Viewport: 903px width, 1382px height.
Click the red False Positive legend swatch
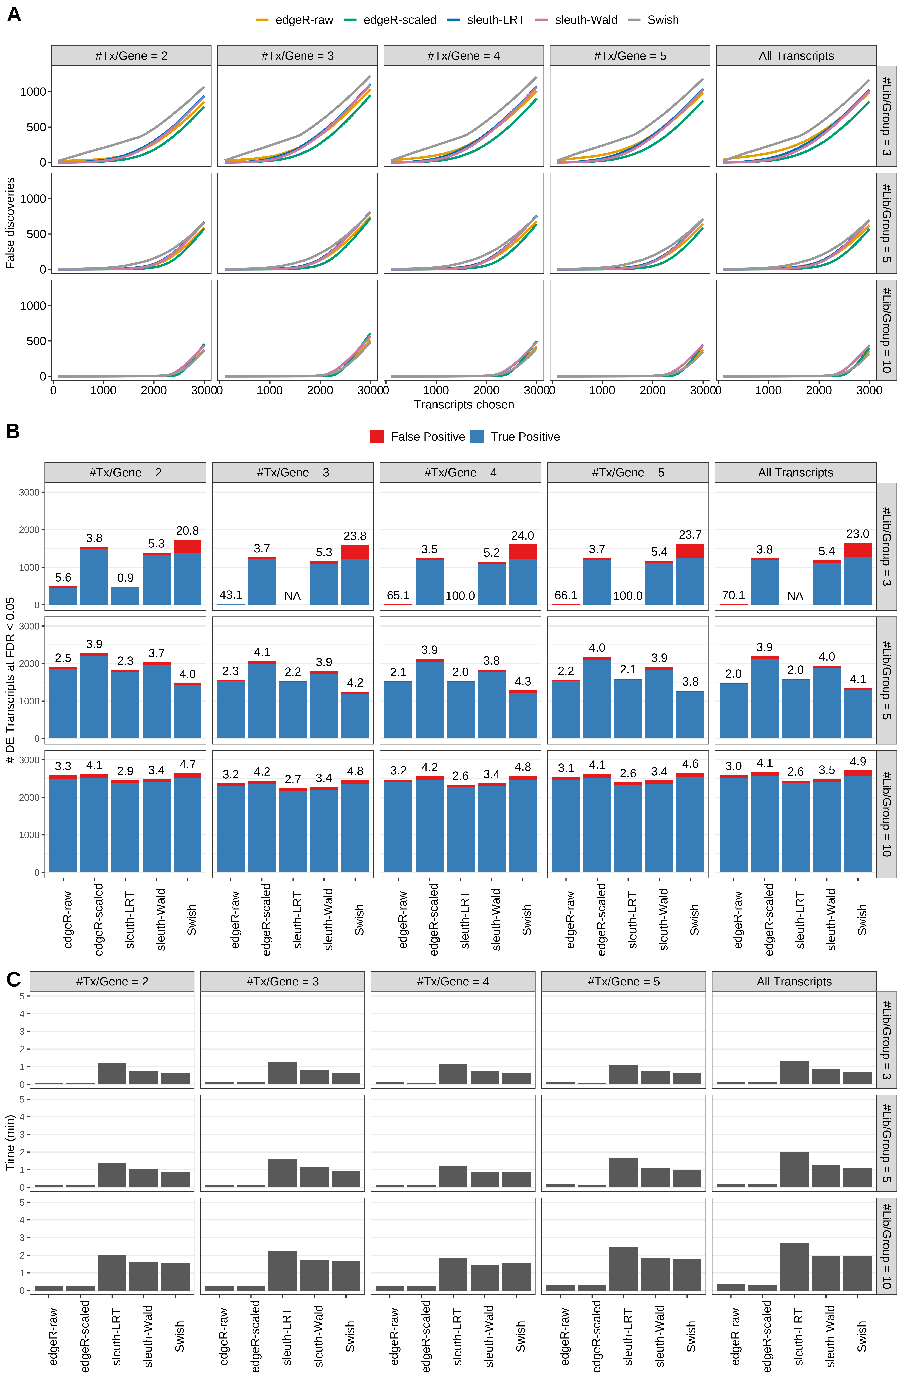377,437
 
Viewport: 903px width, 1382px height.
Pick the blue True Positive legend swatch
477,437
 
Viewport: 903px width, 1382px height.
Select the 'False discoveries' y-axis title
10,223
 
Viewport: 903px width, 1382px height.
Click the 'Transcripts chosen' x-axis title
464,405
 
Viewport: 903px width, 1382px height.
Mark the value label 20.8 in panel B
188,531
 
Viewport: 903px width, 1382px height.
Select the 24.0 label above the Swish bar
522,536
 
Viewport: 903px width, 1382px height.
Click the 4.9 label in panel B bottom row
858,762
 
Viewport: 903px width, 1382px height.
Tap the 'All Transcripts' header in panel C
794,981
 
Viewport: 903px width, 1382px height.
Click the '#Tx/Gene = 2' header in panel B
125,473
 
